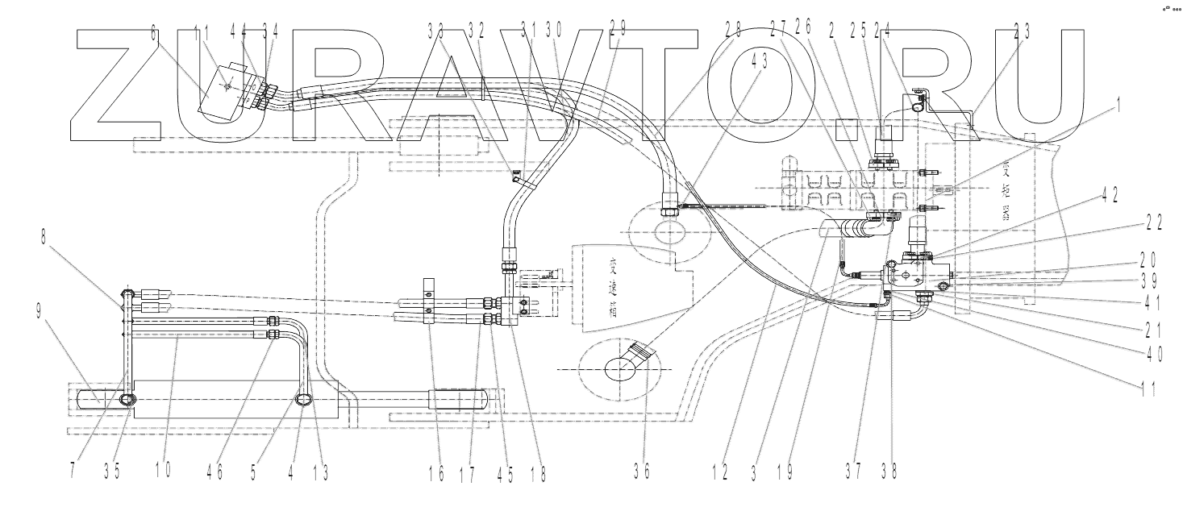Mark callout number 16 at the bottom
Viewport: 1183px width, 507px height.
pyautogui.click(x=436, y=473)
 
